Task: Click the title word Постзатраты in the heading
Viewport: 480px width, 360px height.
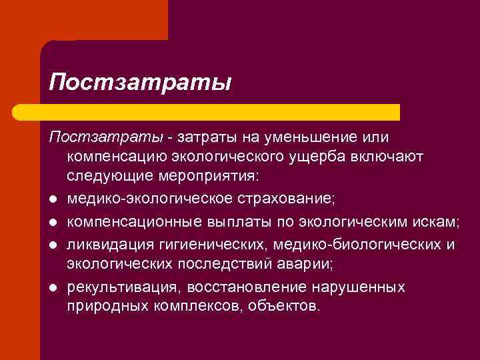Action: (140, 83)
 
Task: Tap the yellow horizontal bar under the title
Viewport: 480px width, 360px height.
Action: (220, 112)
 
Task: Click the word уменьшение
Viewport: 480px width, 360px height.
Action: (298, 137)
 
